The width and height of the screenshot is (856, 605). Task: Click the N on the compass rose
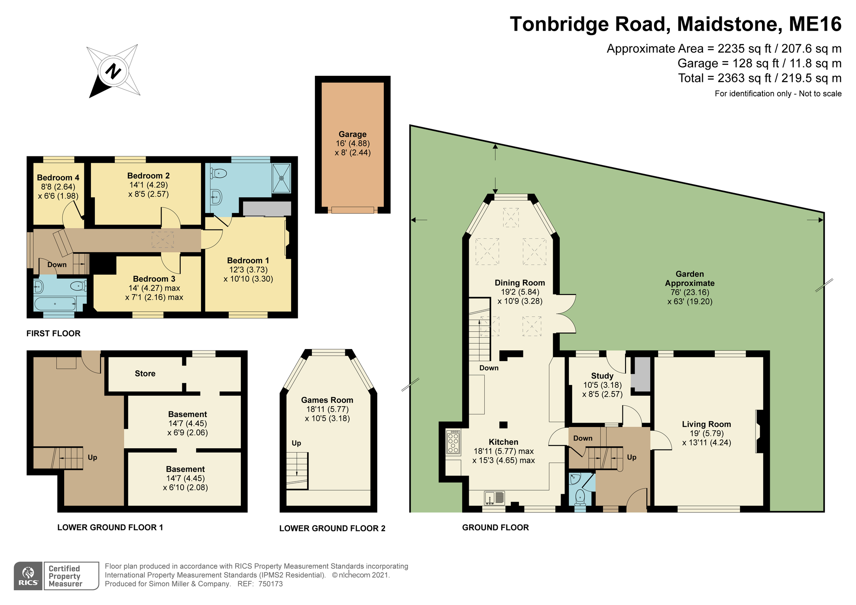113,71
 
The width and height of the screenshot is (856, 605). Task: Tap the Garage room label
352,134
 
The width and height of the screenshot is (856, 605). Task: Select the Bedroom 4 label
58,178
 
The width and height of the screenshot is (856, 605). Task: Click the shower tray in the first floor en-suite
281,178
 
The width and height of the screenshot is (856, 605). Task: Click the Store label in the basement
145,373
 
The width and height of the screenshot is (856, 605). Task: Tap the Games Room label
327,400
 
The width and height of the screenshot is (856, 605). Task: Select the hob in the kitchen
453,442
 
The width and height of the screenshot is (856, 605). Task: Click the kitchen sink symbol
494,498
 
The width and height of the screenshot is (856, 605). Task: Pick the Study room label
602,376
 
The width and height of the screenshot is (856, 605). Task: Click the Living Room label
706,424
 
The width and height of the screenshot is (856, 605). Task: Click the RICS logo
28,576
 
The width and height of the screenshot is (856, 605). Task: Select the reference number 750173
270,584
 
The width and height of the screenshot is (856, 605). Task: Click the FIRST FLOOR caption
53,333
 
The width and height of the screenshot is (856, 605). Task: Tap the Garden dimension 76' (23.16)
690,292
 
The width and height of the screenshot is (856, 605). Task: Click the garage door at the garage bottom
353,210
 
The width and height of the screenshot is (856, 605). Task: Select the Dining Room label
519,283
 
